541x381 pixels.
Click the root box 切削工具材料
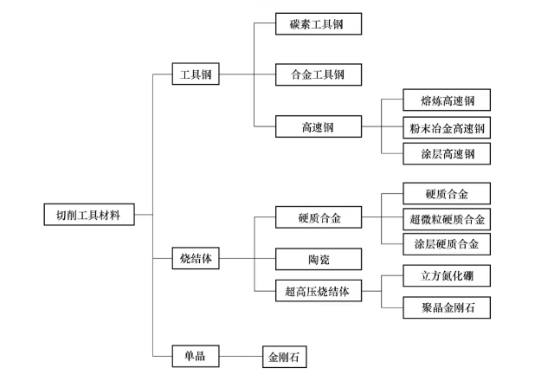(x=89, y=215)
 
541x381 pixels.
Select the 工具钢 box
(x=195, y=75)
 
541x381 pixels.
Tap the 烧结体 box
(x=195, y=258)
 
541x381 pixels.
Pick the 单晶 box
(x=195, y=356)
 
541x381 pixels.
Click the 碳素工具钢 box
(x=318, y=23)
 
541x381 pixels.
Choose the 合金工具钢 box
(x=318, y=75)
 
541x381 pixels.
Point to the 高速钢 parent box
(x=318, y=127)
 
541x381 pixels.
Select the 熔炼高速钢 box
(x=448, y=100)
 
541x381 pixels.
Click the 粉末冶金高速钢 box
(x=448, y=128)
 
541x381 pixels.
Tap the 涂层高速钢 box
(x=448, y=155)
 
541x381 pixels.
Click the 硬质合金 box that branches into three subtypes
(x=318, y=218)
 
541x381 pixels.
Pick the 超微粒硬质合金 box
(x=448, y=218)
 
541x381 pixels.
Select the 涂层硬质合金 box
(x=448, y=244)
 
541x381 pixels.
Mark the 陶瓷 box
(x=318, y=258)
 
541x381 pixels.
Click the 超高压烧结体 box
(x=318, y=292)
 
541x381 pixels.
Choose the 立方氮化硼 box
(x=448, y=276)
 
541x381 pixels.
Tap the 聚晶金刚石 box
(x=448, y=307)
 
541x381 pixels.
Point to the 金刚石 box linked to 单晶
(x=285, y=356)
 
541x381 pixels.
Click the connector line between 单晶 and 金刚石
(x=240, y=356)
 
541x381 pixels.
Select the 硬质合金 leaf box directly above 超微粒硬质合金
(x=448, y=192)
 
